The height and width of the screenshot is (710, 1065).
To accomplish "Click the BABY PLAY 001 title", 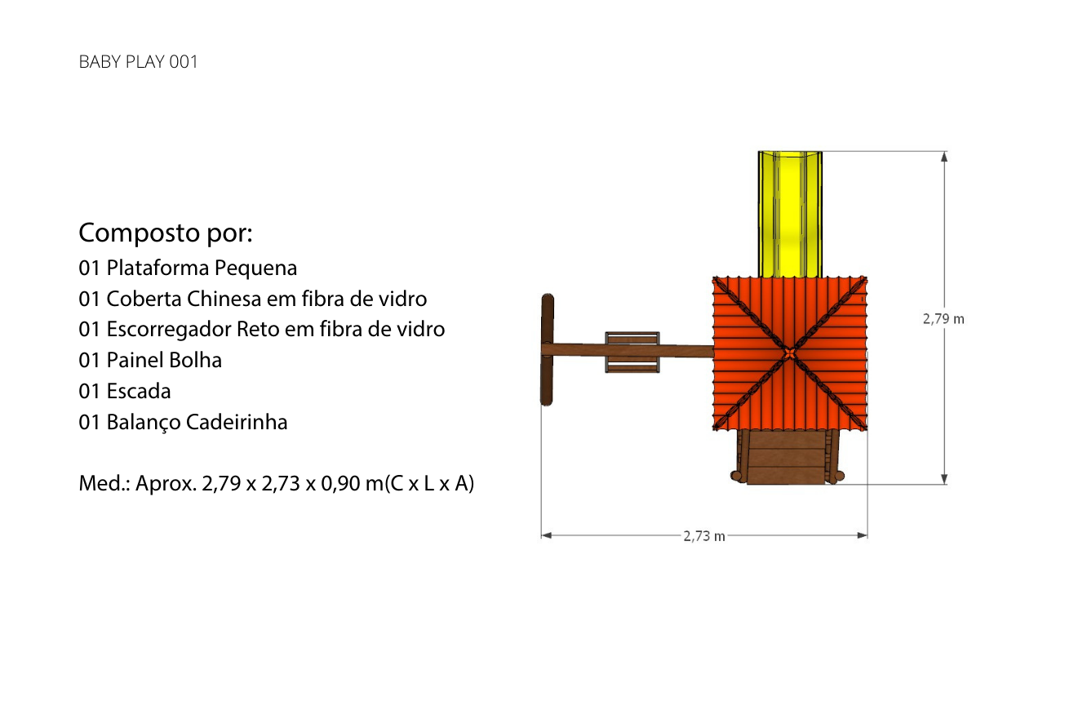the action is click(138, 62).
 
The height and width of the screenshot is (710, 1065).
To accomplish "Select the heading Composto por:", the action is click(166, 233).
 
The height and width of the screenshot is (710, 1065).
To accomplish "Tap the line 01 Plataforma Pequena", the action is click(188, 268).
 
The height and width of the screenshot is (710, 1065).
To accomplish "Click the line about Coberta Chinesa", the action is click(253, 299).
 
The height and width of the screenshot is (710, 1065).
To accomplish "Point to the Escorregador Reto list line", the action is click(262, 329).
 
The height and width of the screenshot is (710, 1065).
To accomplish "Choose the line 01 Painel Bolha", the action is click(150, 360).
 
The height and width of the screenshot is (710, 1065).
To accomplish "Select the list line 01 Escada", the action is click(125, 391).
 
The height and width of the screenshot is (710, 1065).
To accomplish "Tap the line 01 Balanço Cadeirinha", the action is click(183, 422).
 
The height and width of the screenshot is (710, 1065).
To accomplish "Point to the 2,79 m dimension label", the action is click(943, 319).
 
